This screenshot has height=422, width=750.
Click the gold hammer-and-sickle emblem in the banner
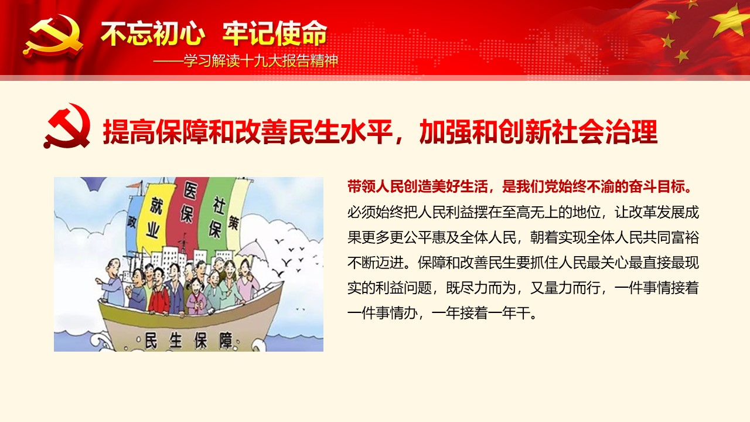pos(53,37)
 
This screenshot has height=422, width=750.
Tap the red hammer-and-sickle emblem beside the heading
pos(67,125)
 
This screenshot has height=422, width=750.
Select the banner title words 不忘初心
pos(153,33)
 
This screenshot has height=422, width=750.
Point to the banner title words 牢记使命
pos(275,33)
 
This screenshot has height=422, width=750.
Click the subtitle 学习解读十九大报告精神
pos(261,62)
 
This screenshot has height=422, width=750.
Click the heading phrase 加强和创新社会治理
pos(538,132)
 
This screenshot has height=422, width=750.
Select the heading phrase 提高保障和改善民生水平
pos(248,132)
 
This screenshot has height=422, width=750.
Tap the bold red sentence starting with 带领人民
pos(520,187)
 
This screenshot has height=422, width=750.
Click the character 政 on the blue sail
pos(132,222)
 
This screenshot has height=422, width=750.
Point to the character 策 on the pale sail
pos(233,222)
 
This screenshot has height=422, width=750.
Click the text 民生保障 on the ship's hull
pos(189,341)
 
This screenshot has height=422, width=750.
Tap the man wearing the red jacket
pos(159,291)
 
